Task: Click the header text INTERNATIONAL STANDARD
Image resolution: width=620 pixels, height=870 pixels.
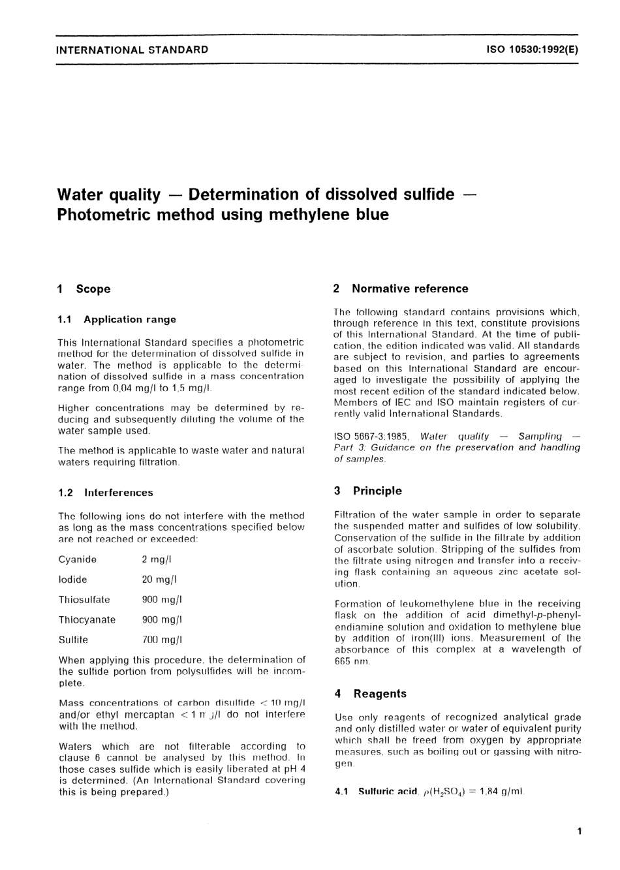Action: pos(132,50)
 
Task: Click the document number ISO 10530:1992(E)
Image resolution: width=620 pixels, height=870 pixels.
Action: pos(533,50)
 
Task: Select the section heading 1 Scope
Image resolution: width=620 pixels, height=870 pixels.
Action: pos(84,289)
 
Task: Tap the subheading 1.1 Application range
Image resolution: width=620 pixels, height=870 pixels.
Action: pos(117,320)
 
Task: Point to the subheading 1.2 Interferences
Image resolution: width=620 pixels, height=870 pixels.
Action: pos(106,493)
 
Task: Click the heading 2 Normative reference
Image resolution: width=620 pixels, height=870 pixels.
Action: pos(401,288)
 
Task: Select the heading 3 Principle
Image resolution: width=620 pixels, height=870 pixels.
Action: pos(368,491)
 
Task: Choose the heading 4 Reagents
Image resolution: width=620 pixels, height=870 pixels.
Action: pos(370,694)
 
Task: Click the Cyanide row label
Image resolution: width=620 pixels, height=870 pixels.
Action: pos(77,559)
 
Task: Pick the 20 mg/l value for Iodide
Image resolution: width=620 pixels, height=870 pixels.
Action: pos(159,580)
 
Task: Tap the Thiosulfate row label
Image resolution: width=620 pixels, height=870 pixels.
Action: pos(84,600)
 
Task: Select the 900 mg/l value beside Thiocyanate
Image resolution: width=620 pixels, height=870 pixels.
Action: pos(162,620)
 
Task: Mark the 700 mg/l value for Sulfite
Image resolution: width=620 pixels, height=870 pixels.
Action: pos(162,640)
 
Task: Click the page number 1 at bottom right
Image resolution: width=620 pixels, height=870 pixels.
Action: pos(579,831)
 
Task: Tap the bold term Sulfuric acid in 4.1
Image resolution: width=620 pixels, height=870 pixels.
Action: pos(388,792)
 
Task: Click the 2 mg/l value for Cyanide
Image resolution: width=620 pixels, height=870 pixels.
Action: pos(157,559)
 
